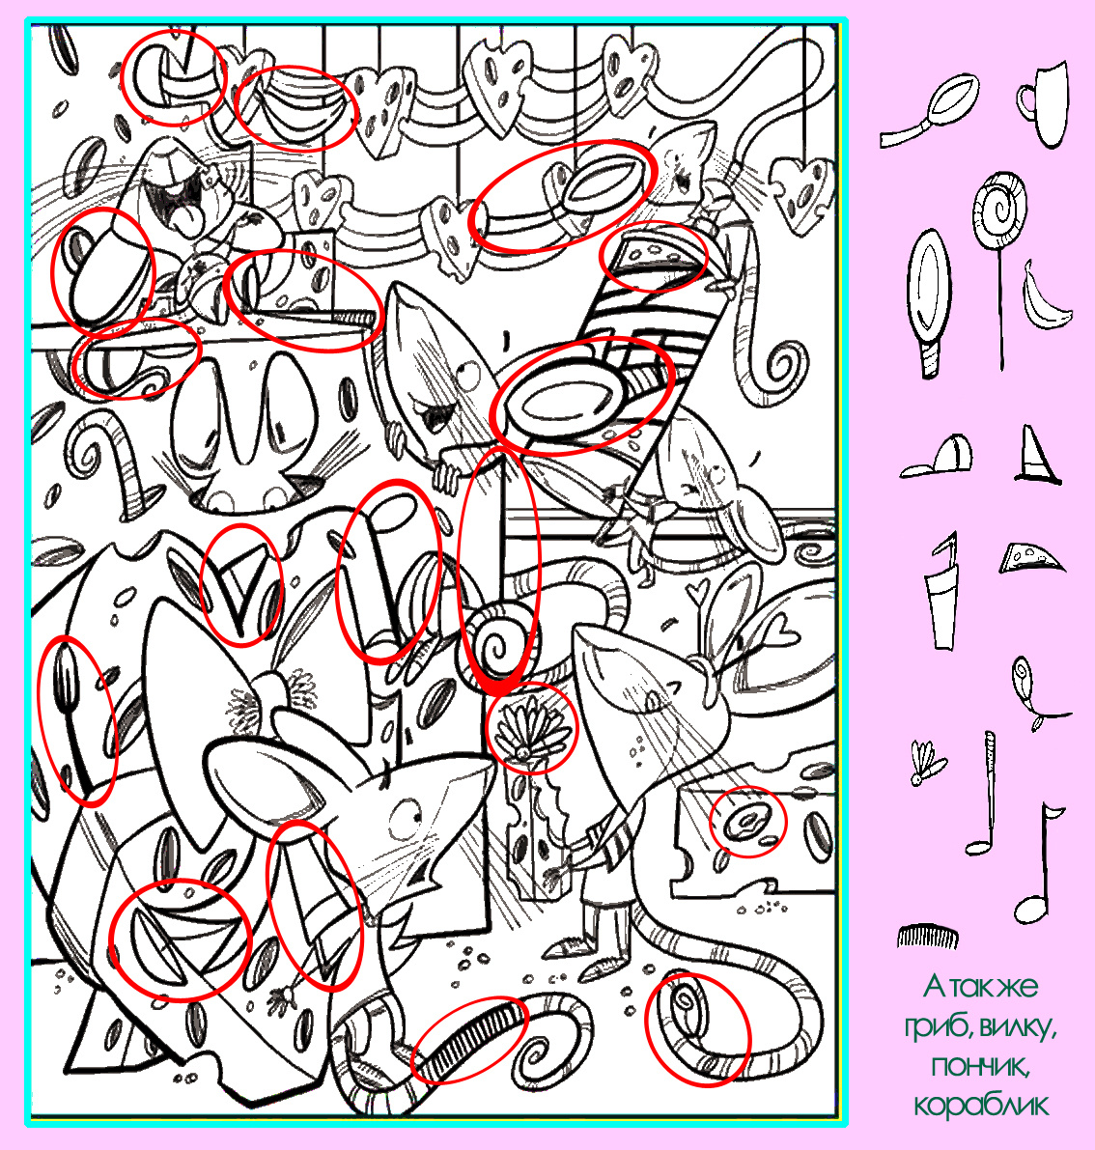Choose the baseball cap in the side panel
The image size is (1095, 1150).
(939, 457)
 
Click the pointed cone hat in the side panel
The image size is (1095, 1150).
(1036, 455)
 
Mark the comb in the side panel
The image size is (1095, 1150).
(927, 936)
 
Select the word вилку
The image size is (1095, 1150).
(1018, 1027)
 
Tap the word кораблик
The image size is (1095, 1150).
(981, 1105)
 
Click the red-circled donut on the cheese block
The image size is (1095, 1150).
(747, 822)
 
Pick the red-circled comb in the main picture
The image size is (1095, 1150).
(470, 1039)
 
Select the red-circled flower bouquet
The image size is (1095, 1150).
(531, 727)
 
